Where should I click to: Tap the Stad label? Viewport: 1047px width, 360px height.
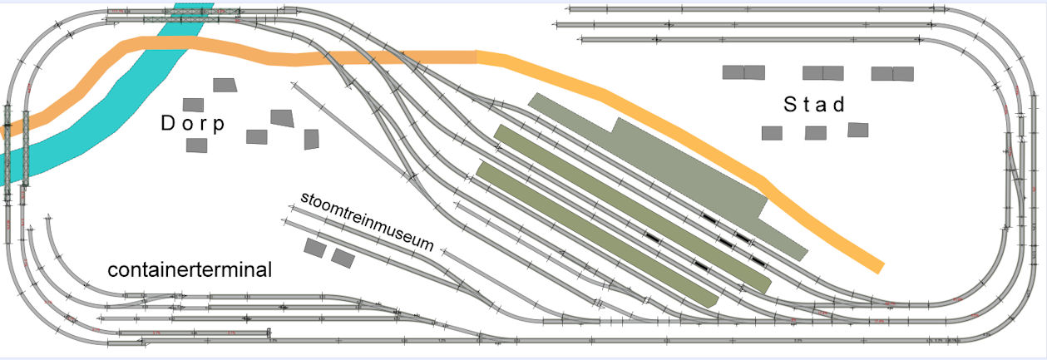pyautogui.click(x=814, y=105)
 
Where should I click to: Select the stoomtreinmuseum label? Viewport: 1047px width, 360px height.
pyautogui.click(x=368, y=221)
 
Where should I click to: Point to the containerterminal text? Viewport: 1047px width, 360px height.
pyautogui.click(x=190, y=271)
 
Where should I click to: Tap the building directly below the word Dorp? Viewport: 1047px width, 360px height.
pyautogui.click(x=196, y=145)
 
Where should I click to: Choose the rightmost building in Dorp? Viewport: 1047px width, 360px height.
pyautogui.click(x=312, y=139)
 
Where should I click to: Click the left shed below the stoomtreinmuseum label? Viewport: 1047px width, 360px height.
pyautogui.click(x=314, y=247)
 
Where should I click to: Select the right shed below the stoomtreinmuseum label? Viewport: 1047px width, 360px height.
pyautogui.click(x=343, y=258)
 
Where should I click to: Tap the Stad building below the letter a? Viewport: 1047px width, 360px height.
pyautogui.click(x=816, y=132)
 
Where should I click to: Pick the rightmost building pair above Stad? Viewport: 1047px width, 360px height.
pyautogui.click(x=892, y=73)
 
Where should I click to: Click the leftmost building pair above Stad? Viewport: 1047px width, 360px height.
pyautogui.click(x=743, y=72)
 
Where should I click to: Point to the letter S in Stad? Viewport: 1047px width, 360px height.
pyautogui.click(x=791, y=105)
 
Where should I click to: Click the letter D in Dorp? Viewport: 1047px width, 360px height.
pyautogui.click(x=167, y=123)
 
